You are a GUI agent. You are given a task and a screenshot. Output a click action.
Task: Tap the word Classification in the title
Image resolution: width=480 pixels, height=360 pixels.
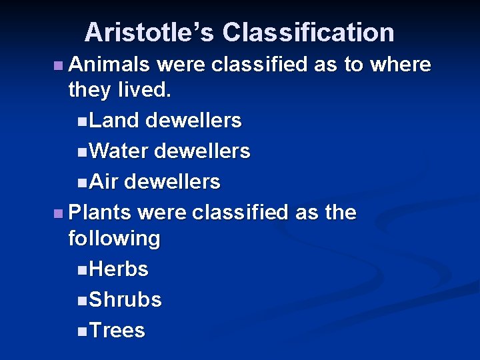308,32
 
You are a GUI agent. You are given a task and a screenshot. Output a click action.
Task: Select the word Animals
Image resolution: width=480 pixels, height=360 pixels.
109,65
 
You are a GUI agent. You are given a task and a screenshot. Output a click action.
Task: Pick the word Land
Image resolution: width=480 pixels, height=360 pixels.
113,121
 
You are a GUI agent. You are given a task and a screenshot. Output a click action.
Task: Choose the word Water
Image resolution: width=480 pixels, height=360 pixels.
118,151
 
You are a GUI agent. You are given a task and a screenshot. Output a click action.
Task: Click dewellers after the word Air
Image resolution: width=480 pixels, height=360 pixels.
172,182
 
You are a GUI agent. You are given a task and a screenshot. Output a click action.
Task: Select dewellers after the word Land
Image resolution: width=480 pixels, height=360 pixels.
193,121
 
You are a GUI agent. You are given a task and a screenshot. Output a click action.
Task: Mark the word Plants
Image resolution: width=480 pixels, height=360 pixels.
101,213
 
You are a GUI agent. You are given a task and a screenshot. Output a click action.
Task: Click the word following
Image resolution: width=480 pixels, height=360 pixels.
114,239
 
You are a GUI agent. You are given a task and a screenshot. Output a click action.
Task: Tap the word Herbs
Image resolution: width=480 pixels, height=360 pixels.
118,269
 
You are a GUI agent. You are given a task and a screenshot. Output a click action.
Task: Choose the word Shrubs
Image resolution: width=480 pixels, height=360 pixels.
125,300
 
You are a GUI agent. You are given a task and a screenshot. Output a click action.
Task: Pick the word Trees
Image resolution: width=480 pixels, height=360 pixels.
117,331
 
